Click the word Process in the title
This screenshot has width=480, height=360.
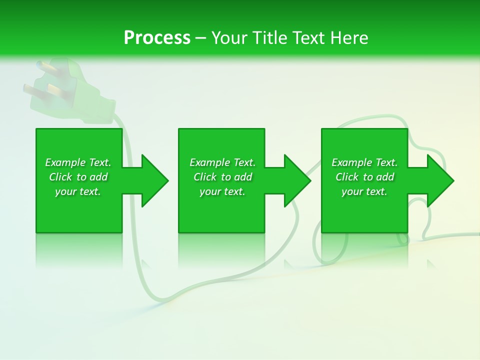tap(157, 38)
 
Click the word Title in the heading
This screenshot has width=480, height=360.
tap(269, 38)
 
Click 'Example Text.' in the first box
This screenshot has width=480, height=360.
tap(78, 162)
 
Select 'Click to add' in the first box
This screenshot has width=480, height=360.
tap(78, 177)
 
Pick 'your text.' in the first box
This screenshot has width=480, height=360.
tap(78, 191)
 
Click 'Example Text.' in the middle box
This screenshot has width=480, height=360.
tap(222, 162)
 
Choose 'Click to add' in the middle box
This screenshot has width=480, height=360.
tap(222, 177)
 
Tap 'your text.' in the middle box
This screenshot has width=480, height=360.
tap(222, 191)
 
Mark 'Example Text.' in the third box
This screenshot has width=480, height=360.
tap(364, 162)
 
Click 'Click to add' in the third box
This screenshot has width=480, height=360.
tap(364, 177)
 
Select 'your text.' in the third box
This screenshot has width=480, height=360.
tap(364, 191)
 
